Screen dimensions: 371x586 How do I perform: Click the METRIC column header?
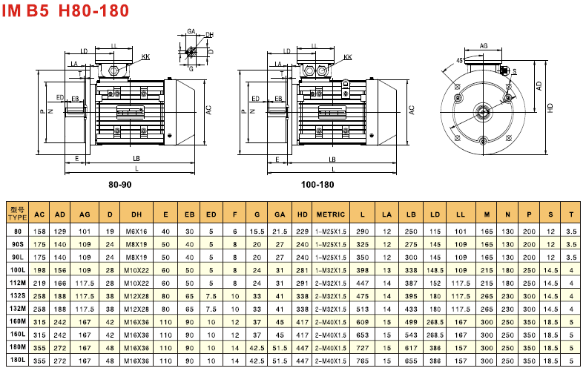[x=331, y=214]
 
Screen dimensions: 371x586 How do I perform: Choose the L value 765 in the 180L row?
[x=363, y=361]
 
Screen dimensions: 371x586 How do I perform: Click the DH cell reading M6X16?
[x=137, y=232]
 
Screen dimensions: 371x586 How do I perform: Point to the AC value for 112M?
[x=40, y=283]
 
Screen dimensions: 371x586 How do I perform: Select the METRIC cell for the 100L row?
[x=331, y=270]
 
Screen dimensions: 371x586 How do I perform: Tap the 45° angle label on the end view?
[x=460, y=60]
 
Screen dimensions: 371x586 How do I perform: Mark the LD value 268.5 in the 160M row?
[x=435, y=322]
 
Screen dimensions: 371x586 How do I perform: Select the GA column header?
[x=279, y=214]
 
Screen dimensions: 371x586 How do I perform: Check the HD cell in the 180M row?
[x=302, y=348]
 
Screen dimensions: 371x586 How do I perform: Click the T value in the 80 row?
[x=570, y=232]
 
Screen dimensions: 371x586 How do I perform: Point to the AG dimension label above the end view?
[x=484, y=46]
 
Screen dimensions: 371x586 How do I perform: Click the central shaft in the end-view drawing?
[x=484, y=113]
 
